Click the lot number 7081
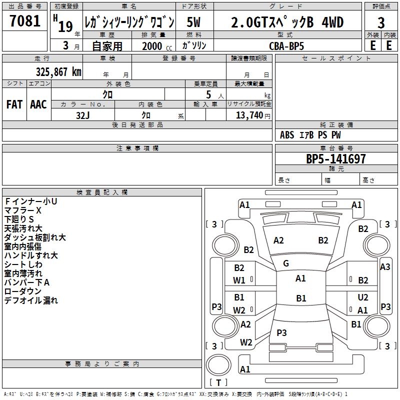(24, 21)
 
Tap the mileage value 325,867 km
(58, 71)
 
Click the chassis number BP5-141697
(335, 159)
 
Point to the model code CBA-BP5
(286, 45)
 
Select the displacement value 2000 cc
(156, 46)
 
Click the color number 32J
(83, 114)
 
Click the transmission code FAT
(14, 104)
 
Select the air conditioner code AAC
(38, 104)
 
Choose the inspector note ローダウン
(23, 291)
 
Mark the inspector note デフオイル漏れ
(31, 300)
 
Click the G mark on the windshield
(286, 263)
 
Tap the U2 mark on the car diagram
(362, 297)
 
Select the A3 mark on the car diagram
(385, 267)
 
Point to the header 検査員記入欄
(102, 192)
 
